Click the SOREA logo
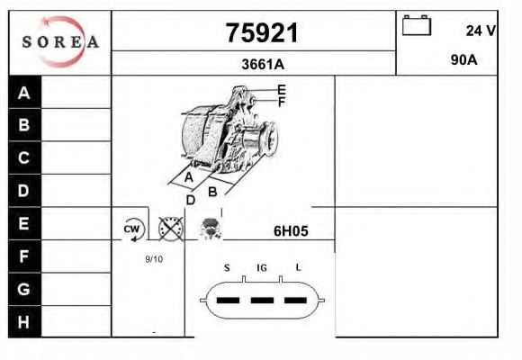pos(60,41)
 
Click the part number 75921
pos(262,32)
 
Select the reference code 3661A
pos(263,64)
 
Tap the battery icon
pos(417,25)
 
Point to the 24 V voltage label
pos(481,31)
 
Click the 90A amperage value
pos(463,60)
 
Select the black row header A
pos(24,92)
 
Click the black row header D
pos(24,191)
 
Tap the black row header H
pos(24,322)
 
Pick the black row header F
pos(24,256)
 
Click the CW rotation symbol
pos(133,229)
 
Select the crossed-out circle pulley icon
pos(171,229)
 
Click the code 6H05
pos(291,231)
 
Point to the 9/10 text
pos(154,259)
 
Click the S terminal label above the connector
pos(227,268)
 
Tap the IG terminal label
pos(262,268)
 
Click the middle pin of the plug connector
pos(262,301)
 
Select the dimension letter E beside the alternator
pos(282,90)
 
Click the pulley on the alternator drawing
pos(270,139)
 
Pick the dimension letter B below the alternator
pos(212,193)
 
